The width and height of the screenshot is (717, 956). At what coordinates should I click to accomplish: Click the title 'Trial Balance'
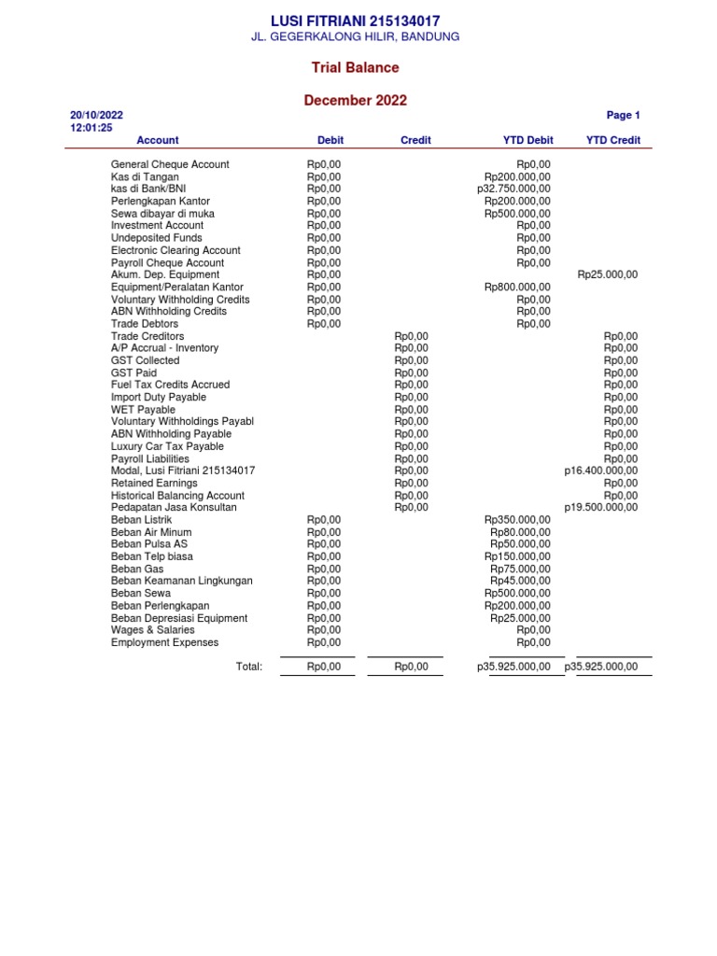[x=355, y=67]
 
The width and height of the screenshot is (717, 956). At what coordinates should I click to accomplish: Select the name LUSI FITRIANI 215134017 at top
[x=355, y=21]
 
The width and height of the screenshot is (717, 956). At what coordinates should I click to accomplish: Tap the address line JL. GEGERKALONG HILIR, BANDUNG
[x=355, y=36]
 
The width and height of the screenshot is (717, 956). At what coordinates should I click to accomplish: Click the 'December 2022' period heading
[x=355, y=101]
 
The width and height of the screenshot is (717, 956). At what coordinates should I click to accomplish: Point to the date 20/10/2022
[x=97, y=116]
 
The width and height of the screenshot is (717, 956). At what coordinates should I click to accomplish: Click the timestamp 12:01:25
[x=91, y=128]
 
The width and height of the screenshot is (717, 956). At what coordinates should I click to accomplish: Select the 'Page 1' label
[x=623, y=116]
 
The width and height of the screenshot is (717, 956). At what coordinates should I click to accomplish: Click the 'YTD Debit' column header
[x=527, y=140]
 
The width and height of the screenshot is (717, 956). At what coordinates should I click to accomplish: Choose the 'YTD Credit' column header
[x=612, y=140]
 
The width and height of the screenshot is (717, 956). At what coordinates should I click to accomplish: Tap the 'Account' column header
[x=157, y=140]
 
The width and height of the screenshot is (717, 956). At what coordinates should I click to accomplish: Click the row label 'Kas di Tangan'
[x=145, y=176]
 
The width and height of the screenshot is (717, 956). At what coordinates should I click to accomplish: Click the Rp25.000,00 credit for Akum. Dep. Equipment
[x=608, y=274]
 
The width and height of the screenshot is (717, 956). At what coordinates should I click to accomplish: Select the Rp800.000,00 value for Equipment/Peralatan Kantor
[x=517, y=288]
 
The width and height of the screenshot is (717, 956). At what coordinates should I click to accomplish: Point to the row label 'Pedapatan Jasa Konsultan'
[x=174, y=508]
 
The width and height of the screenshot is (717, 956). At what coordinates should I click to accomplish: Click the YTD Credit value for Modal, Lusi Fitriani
[x=601, y=471]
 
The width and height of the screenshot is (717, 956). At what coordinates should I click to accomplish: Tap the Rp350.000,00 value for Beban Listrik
[x=517, y=520]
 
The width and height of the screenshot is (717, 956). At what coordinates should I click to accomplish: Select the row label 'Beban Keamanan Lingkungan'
[x=181, y=581]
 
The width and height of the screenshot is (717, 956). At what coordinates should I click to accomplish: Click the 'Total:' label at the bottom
[x=249, y=667]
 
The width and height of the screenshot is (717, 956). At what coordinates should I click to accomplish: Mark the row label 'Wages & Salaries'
[x=153, y=630]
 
